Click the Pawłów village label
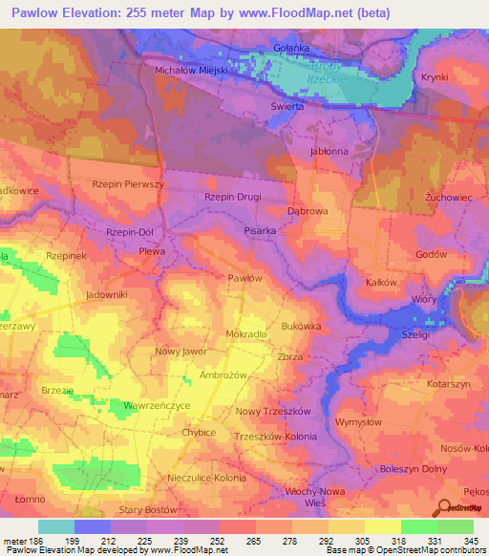244,277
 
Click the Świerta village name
287,107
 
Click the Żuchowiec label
444,196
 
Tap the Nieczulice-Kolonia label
206,477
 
